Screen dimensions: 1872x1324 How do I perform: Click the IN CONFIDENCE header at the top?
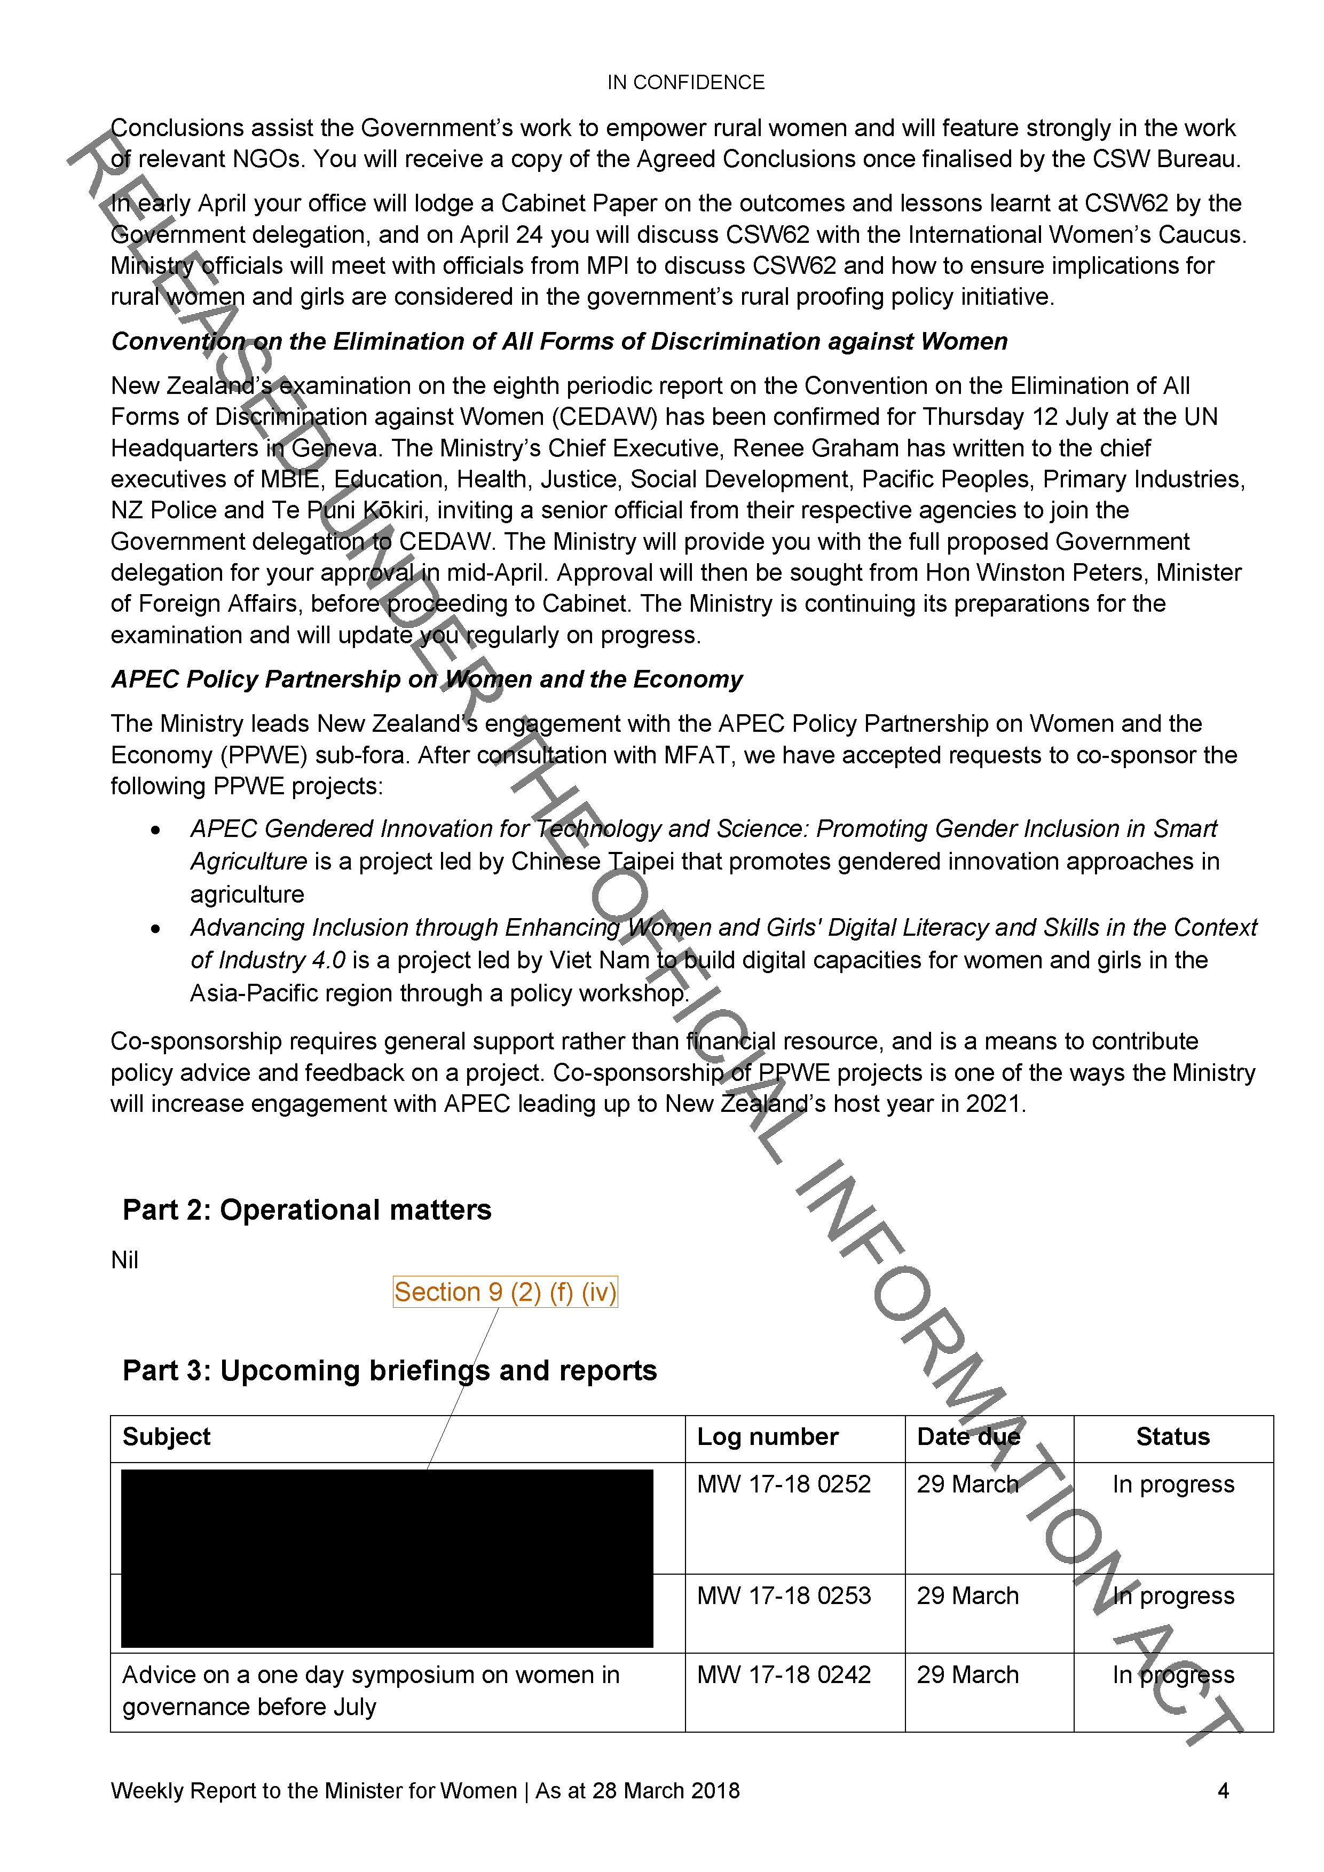(685, 82)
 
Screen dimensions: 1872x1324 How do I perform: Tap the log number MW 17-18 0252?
(784, 1484)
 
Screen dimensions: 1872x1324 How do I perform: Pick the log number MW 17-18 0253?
(784, 1595)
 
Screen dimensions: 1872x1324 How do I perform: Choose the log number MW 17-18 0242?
(784, 1674)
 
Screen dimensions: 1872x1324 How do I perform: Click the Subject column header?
(167, 1436)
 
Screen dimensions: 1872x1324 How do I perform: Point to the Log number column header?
(767, 1436)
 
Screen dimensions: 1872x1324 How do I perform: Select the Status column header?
(1172, 1436)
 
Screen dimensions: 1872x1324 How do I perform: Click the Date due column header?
(968, 1436)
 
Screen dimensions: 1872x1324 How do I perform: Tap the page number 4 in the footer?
(1223, 1790)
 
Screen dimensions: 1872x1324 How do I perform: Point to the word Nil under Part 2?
(125, 1260)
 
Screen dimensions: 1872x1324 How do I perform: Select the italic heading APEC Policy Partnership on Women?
(427, 679)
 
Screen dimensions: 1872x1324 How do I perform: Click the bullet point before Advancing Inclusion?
(155, 929)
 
